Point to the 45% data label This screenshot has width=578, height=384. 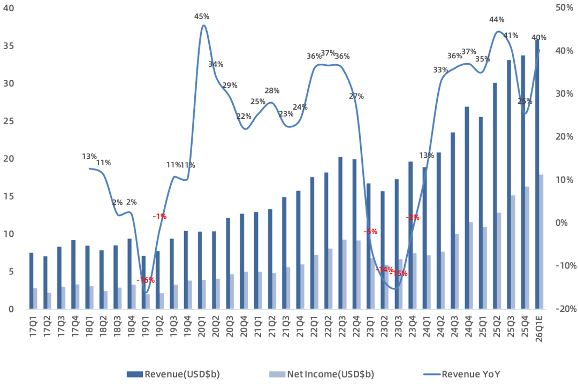pos(202,17)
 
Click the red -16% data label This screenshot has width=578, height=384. pos(146,280)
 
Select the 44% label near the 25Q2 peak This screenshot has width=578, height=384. pos(497,20)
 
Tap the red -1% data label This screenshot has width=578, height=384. pos(159,217)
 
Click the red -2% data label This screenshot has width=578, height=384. pos(412,218)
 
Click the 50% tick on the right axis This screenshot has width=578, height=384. pos(565,8)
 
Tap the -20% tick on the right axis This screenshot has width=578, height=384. pos(564,309)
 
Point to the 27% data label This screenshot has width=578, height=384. pos(356,96)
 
